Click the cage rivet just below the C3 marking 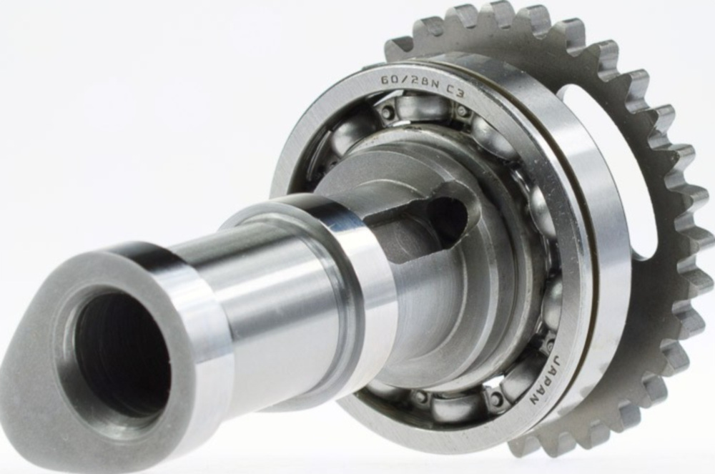463,111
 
